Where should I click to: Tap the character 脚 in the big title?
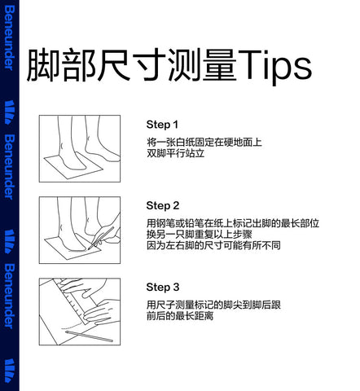(42, 65)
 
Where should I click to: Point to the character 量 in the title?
(220, 65)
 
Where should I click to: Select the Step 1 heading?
(162, 125)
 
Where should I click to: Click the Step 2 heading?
(163, 205)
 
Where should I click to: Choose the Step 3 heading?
(163, 287)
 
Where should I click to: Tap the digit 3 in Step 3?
(176, 287)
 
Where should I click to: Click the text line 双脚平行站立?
(175, 153)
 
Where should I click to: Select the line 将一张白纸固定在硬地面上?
(204, 142)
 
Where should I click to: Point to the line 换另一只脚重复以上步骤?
(200, 235)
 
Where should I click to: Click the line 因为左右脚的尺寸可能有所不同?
(213, 245)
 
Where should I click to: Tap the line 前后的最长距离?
(180, 316)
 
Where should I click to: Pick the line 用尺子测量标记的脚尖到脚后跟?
(213, 305)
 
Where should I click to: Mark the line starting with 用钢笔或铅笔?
(233, 223)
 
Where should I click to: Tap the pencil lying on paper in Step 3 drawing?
(89, 336)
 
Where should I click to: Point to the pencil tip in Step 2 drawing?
(89, 249)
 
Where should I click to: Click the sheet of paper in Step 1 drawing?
(73, 165)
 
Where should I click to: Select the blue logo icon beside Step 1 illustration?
(10, 112)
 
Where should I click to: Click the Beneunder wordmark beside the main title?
(9, 38)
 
